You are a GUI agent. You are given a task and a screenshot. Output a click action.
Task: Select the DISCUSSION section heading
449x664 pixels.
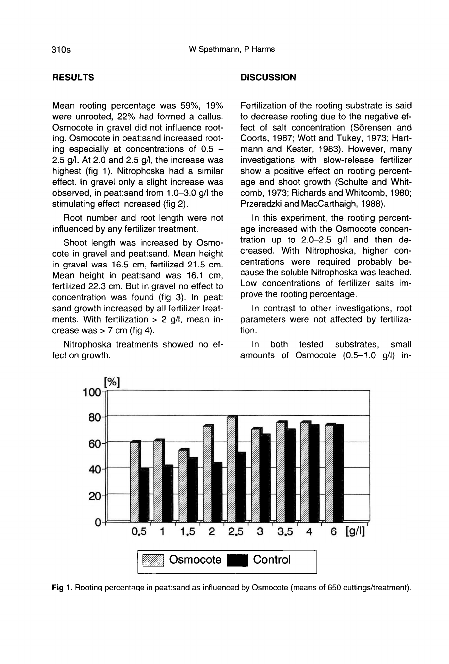click(268, 77)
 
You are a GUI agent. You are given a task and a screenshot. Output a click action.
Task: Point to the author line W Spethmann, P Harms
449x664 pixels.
click(232, 49)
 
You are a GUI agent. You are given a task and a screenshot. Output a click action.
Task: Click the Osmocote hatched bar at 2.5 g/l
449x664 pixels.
click(231, 468)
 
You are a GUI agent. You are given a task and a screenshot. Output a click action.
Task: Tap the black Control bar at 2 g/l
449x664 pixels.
click(217, 490)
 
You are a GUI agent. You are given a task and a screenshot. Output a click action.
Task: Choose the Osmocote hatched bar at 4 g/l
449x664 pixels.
click(304, 471)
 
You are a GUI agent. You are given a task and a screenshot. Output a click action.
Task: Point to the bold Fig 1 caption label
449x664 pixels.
click(61, 588)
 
